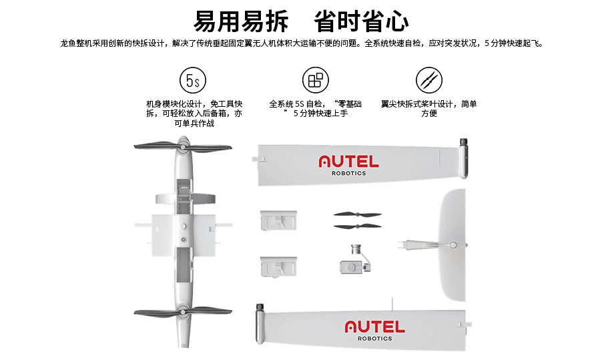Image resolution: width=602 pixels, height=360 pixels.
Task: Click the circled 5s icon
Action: [x=193, y=80]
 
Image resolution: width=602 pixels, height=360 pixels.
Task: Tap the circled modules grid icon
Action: [x=315, y=80]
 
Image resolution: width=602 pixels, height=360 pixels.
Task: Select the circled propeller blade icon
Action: [x=429, y=80]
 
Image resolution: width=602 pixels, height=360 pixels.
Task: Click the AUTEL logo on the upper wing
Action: [x=348, y=162]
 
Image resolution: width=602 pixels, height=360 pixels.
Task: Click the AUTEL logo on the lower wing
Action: [x=374, y=327]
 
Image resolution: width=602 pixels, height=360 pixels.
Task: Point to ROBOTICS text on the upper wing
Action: [x=348, y=173]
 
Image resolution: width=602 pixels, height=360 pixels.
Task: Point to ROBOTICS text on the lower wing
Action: [x=374, y=339]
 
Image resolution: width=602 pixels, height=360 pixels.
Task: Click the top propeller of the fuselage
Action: [x=183, y=146]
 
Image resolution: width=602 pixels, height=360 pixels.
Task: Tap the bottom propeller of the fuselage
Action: [x=183, y=312]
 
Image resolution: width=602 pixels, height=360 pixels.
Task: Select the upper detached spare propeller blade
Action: [x=358, y=214]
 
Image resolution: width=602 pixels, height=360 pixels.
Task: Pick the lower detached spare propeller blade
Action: [x=358, y=226]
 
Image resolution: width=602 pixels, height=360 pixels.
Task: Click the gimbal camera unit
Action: [x=356, y=259]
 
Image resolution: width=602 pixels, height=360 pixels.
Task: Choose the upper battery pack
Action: [x=278, y=220]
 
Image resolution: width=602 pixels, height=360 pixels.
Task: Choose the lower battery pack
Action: [x=278, y=266]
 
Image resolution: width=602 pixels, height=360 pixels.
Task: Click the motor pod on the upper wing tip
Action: [x=463, y=158]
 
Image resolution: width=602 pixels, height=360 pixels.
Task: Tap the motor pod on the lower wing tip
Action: [x=260, y=323]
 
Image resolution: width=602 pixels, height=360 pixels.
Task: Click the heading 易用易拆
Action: [x=241, y=21]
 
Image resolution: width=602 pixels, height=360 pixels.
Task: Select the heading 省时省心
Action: [x=361, y=21]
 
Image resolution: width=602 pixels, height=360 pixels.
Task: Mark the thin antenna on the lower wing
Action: [x=392, y=305]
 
